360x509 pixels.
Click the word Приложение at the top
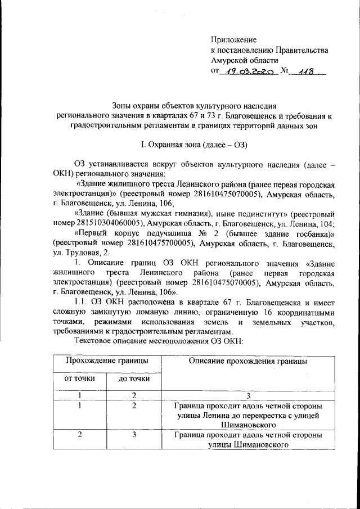(x=233, y=40)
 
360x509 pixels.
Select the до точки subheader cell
(x=133, y=379)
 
